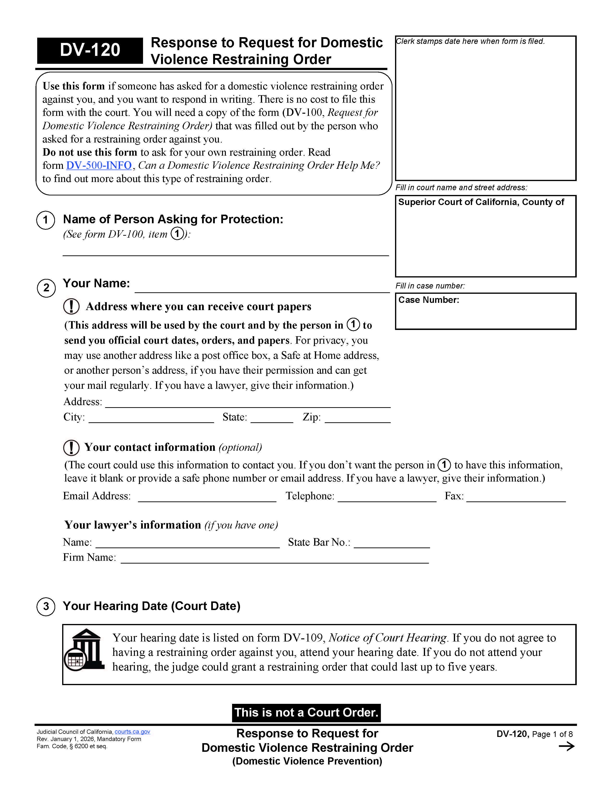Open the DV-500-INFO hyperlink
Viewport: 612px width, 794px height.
tap(99, 165)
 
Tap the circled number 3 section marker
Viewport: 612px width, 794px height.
tap(46, 606)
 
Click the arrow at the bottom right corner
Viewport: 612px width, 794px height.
tap(566, 746)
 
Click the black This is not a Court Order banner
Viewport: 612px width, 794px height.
tap(306, 712)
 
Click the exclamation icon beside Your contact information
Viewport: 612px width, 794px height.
tap(71, 447)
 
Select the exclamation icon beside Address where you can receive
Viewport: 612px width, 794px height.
tap(71, 306)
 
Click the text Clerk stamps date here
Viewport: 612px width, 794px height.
tap(470, 41)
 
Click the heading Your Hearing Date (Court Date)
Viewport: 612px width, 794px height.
tap(151, 606)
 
